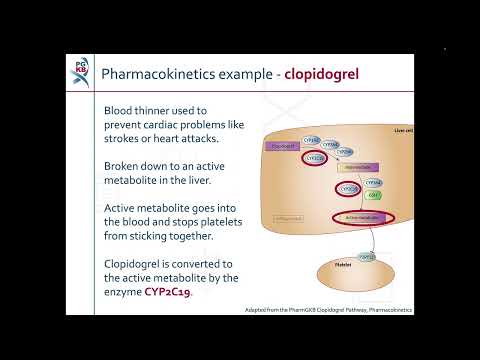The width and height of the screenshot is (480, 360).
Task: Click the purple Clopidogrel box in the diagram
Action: click(283, 146)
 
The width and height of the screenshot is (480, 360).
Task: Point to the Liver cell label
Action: click(403, 130)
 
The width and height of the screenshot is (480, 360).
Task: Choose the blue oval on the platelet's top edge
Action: click(367, 257)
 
